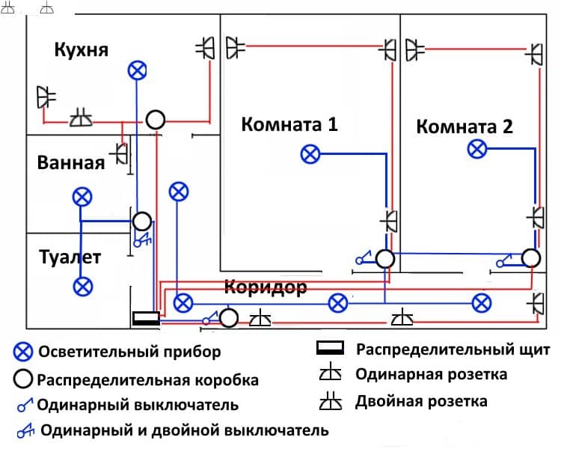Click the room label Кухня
(x=82, y=50)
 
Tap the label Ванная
(x=70, y=162)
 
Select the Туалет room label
(x=70, y=258)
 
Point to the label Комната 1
(x=289, y=124)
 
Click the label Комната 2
(x=465, y=126)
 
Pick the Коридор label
(x=266, y=287)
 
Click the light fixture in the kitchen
(x=136, y=70)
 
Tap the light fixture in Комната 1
(x=310, y=154)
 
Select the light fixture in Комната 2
(x=477, y=149)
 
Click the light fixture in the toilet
(x=83, y=285)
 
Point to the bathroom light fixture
(x=83, y=198)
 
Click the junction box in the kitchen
(x=155, y=119)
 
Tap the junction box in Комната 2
(x=531, y=258)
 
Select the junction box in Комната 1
(x=384, y=259)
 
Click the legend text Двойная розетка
(x=422, y=401)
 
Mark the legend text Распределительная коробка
(x=147, y=379)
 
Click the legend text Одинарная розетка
(x=432, y=374)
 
